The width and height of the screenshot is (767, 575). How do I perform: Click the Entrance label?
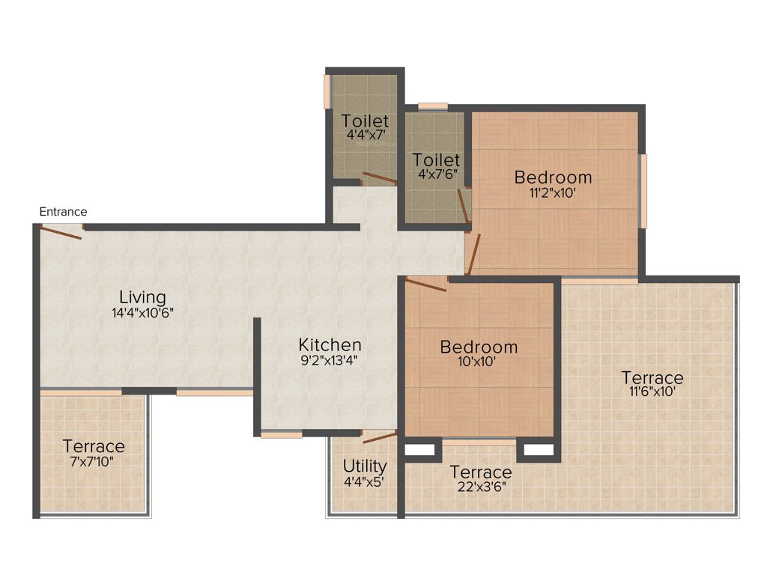click(63, 212)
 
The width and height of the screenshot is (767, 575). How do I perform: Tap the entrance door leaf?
click(61, 233)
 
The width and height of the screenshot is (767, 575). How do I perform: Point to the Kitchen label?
click(330, 345)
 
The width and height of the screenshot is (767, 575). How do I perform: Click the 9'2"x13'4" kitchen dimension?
click(330, 360)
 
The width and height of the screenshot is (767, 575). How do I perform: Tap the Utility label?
click(365, 466)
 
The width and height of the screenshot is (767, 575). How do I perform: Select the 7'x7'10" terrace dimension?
click(94, 461)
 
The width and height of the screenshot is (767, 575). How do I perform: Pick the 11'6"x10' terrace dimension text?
click(651, 392)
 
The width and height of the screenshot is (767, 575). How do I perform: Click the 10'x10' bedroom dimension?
click(479, 362)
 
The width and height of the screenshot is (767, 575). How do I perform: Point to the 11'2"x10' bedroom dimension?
click(553, 192)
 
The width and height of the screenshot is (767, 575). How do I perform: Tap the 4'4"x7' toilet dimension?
click(365, 136)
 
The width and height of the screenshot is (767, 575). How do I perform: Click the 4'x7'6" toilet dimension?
click(437, 174)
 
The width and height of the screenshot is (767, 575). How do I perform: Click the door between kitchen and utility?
click(379, 437)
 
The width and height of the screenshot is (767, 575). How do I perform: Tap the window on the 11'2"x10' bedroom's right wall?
click(643, 191)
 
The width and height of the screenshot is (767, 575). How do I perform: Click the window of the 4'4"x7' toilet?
click(327, 91)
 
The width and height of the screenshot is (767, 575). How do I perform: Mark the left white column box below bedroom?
click(419, 450)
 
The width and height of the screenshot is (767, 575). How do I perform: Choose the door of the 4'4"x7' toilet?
click(380, 178)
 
